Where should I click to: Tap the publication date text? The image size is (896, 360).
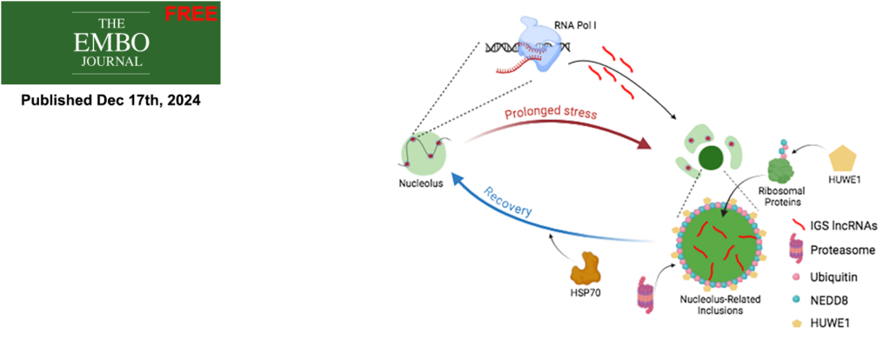pyautogui.click(x=110, y=100)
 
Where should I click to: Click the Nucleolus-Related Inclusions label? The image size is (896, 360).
pyautogui.click(x=715, y=303)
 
